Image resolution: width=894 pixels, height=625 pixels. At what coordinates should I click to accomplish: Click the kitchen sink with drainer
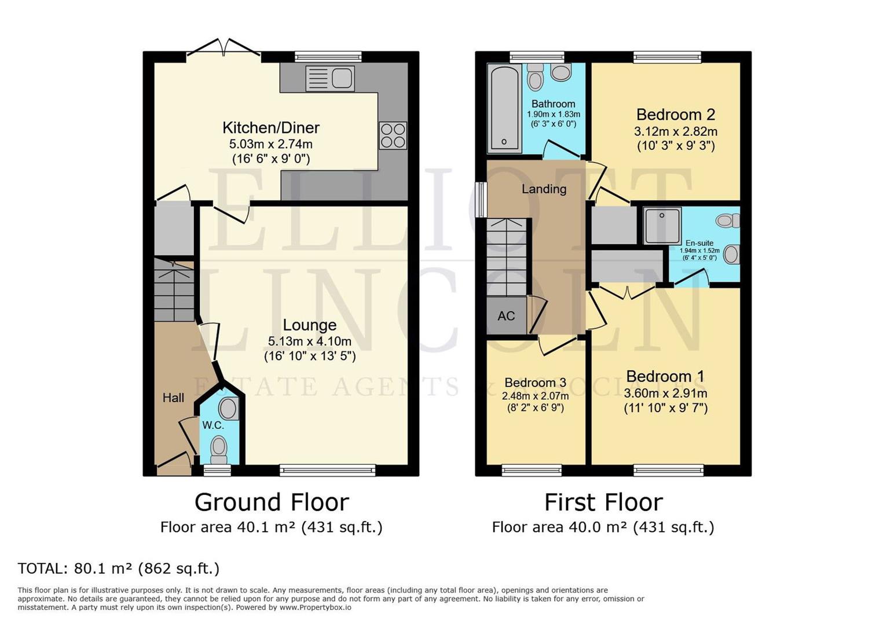[329, 78]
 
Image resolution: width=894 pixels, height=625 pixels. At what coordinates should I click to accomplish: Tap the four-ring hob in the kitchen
[393, 135]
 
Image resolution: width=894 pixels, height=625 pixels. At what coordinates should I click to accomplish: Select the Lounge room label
[310, 325]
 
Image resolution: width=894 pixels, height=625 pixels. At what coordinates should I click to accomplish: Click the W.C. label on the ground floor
[213, 425]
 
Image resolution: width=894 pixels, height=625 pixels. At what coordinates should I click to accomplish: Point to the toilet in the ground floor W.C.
[219, 449]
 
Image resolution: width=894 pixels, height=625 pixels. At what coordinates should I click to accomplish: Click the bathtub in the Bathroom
[505, 109]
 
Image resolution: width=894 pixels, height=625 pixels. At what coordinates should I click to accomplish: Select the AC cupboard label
[506, 316]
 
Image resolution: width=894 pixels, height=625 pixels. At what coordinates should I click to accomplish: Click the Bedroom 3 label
[535, 383]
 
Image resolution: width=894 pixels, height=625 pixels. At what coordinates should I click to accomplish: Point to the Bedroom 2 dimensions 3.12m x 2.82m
[675, 131]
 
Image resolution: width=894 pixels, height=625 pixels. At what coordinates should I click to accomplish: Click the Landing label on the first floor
[544, 189]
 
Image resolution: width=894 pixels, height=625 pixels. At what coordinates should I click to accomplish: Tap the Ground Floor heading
[272, 502]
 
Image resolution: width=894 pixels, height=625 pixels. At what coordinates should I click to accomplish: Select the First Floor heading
[603, 502]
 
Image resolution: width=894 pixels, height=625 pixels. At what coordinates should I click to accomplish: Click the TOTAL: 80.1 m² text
[119, 568]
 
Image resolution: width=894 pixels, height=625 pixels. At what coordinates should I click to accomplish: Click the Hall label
[173, 398]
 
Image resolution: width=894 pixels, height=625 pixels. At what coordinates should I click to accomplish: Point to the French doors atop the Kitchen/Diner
[224, 49]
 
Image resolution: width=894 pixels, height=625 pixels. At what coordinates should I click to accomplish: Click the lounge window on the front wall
[328, 470]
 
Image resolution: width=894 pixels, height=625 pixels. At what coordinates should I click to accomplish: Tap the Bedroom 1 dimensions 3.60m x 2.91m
[665, 394]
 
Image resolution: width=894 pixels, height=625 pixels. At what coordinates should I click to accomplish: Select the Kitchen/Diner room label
[271, 127]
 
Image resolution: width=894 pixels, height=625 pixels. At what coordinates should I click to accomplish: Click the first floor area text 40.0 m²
[603, 527]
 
